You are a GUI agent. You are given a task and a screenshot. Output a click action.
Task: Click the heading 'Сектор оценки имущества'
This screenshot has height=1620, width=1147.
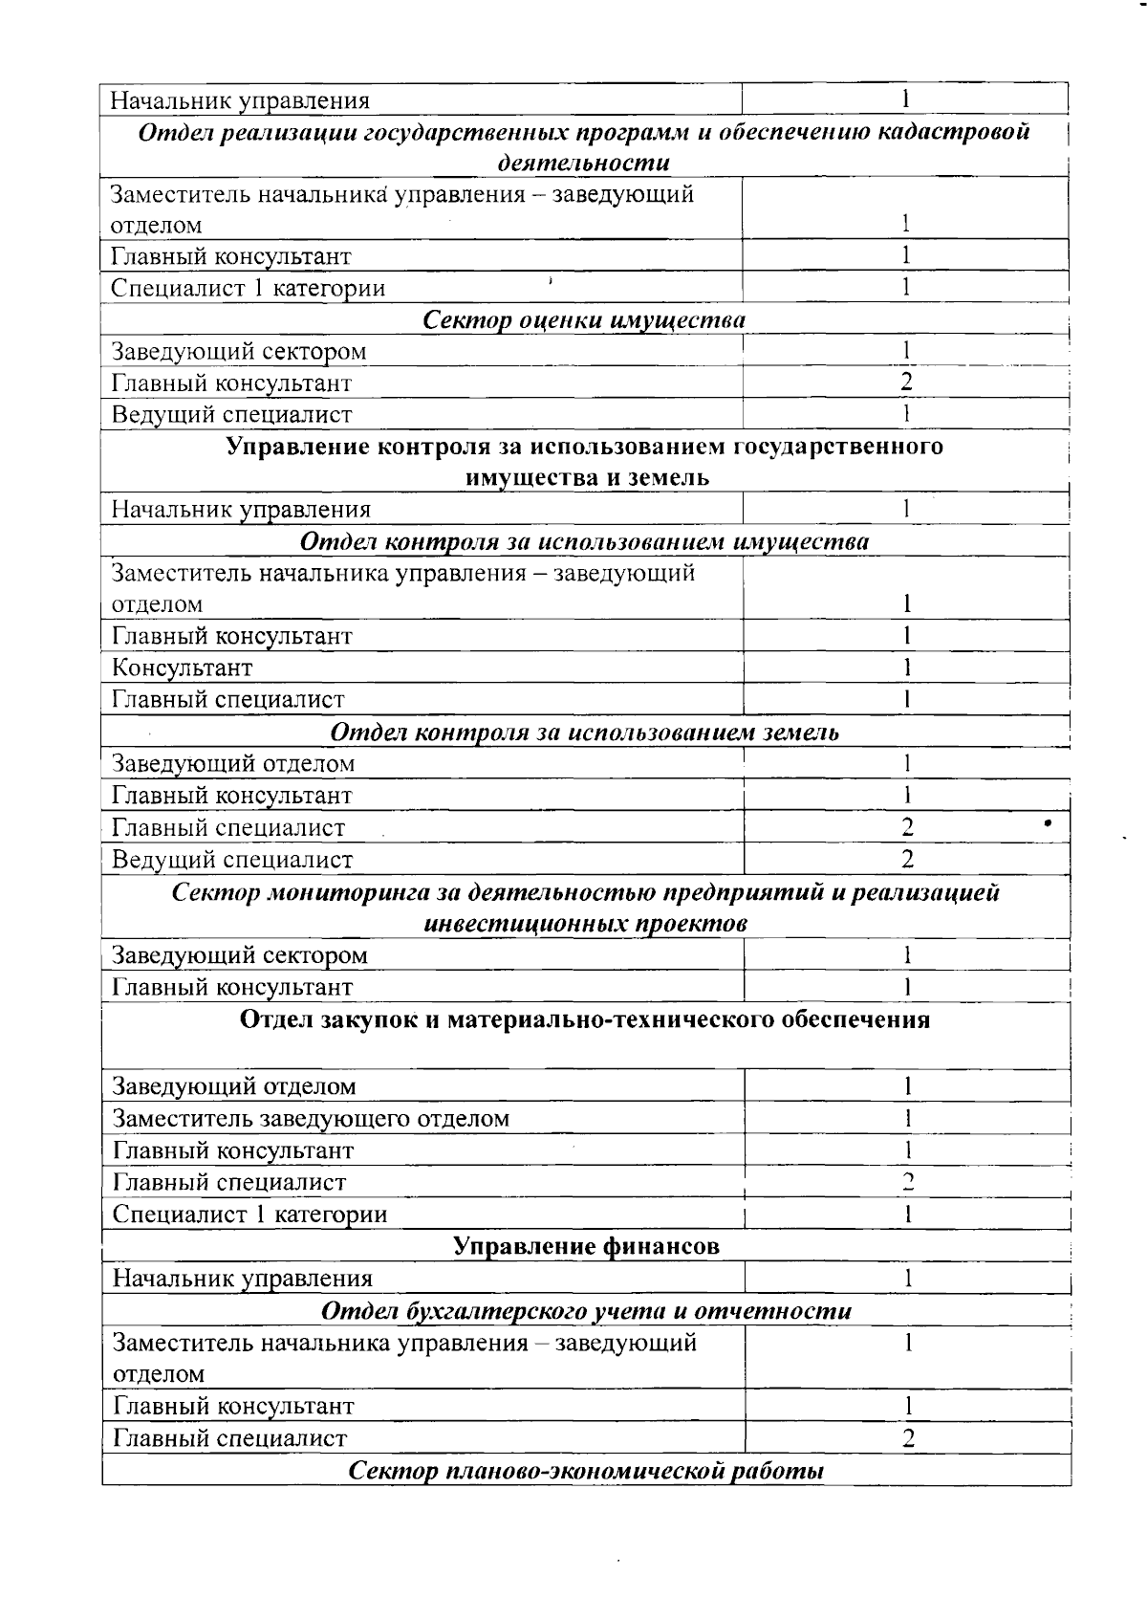pos(584,319)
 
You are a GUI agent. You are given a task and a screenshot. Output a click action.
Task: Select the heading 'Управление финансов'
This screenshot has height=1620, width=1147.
pos(585,1246)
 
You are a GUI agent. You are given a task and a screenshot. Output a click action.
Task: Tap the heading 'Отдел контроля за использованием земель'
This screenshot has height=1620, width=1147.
pos(584,733)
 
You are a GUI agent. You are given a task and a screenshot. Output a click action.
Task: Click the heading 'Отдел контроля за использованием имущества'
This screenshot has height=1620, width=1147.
pos(584,542)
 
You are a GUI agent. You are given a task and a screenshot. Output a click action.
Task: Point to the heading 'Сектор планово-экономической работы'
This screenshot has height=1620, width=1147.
pos(586,1471)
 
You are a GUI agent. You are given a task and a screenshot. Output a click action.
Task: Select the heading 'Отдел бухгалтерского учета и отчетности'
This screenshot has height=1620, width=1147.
pos(586,1310)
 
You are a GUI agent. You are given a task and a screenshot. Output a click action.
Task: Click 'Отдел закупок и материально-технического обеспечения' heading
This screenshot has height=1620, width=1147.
pos(584,1019)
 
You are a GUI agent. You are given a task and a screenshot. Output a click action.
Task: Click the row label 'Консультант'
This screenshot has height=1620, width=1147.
pos(183,668)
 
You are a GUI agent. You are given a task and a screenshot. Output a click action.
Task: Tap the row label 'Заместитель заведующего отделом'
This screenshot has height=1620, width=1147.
pos(311,1118)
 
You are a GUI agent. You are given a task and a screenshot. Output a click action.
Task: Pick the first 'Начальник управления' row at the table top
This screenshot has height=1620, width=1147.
pos(240,100)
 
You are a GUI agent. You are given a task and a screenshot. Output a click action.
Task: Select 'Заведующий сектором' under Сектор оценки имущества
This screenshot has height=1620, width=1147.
pos(239,352)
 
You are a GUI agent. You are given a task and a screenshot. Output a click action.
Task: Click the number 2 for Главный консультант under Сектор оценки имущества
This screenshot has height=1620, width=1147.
pos(906,383)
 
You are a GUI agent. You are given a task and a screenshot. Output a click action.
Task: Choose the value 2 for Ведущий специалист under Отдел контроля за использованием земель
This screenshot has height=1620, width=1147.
pos(907,859)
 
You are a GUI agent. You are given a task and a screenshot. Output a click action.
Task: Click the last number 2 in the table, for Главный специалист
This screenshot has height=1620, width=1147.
pos(908,1438)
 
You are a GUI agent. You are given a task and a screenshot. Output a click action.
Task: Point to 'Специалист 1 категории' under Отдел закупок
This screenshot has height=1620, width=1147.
pos(249,1215)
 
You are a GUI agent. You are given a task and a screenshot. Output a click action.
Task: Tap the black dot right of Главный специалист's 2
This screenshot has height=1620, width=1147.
pos(1049,822)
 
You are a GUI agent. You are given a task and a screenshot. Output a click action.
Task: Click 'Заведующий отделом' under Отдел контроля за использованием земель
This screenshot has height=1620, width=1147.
pos(233,764)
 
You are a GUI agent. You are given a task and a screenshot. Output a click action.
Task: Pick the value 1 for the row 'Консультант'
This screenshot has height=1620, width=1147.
pos(907,668)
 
